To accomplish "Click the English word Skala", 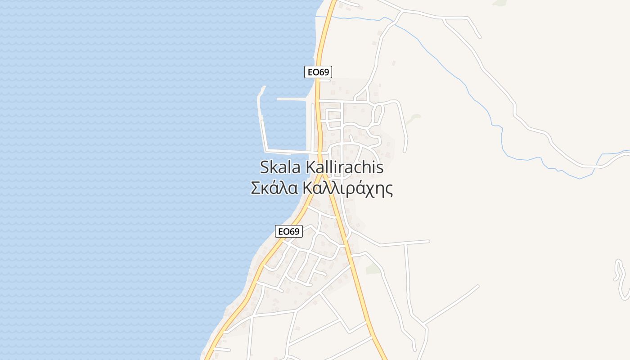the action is (x=281, y=167).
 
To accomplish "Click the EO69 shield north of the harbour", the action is (x=318, y=72).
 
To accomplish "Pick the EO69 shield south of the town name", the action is (x=289, y=231).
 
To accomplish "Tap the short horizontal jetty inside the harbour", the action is (x=292, y=99).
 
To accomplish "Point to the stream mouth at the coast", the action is (x=316, y=16).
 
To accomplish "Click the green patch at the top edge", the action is (x=499, y=3).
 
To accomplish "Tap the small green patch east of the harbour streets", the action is (x=414, y=119).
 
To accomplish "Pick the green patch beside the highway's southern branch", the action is (x=373, y=269).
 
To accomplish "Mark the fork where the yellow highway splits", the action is (x=324, y=173).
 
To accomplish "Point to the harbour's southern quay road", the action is (x=288, y=151).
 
